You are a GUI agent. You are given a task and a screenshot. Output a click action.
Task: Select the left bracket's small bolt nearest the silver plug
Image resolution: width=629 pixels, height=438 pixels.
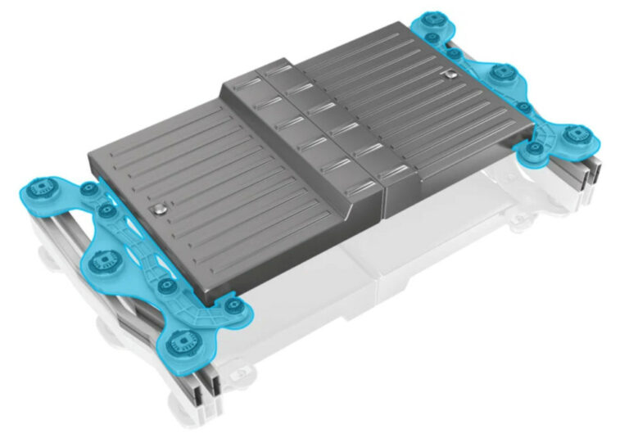tap(106, 210)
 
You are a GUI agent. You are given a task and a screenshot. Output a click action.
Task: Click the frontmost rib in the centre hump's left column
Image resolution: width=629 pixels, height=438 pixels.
tap(360, 192)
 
